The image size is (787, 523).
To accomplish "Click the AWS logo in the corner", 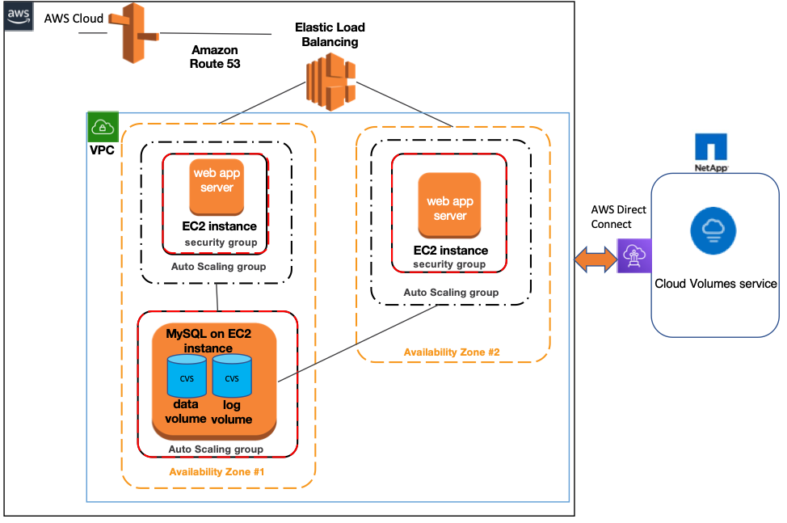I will point(16,16).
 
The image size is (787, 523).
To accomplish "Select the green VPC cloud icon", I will point(103,127).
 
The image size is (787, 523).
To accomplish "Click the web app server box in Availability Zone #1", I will point(216,181).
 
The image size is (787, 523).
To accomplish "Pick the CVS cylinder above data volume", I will point(187,376).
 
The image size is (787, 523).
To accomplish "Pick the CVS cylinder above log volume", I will point(232,376).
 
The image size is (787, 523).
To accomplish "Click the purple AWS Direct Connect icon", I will point(633,255).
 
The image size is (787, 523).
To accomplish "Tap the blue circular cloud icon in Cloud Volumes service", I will point(713,229).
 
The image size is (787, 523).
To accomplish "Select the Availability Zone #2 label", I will point(452,352).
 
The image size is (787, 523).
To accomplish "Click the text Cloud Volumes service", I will point(716,284).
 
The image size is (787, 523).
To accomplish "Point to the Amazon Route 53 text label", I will point(215,57).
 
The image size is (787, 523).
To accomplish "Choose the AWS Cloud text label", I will point(73,18).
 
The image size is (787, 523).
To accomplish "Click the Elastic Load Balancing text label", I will point(330,35).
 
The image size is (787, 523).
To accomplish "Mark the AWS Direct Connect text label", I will point(619,216).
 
